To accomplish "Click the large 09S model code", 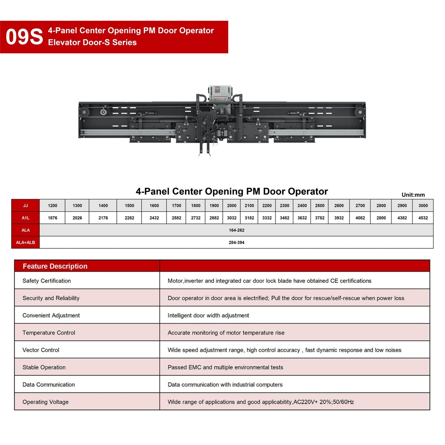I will [x=24, y=37].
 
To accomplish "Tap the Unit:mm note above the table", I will [x=413, y=195].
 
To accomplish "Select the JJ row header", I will [x=26, y=205].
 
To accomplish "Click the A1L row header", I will [x=26, y=218].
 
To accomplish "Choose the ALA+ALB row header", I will [x=26, y=242].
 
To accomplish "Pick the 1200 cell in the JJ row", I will [x=52, y=205].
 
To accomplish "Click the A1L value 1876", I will [x=52, y=218].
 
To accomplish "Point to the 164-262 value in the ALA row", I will [x=236, y=230].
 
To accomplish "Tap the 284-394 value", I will [x=236, y=242].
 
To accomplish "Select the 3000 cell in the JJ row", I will [x=423, y=205].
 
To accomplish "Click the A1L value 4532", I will [x=423, y=218].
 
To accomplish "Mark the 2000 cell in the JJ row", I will [x=232, y=205].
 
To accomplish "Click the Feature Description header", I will [x=55, y=266].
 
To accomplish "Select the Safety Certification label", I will [x=47, y=281].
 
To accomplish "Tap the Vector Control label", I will [x=41, y=350].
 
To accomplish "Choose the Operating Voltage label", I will [x=46, y=402].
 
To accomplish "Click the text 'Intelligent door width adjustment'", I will [x=208, y=315].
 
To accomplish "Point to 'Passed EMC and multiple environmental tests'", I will [x=225, y=367].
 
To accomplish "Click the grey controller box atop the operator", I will [x=220, y=93].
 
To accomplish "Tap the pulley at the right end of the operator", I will [x=359, y=112].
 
